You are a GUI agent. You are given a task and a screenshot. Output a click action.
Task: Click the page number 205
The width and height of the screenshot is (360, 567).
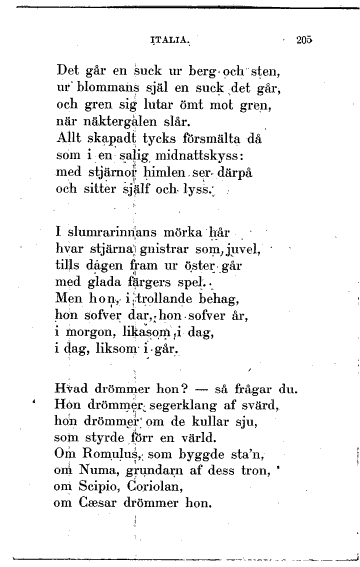pos(305,41)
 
